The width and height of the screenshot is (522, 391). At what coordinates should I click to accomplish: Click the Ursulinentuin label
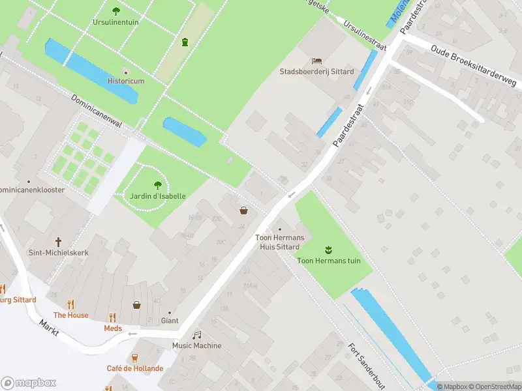click(115, 22)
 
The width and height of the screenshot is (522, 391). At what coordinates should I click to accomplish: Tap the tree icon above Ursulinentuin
click(116, 10)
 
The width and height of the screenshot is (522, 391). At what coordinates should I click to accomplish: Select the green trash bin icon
click(185, 42)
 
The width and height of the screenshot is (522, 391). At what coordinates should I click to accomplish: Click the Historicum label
click(126, 81)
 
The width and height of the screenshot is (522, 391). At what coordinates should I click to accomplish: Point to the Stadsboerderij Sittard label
click(316, 72)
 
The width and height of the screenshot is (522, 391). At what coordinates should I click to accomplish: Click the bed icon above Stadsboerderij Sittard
click(317, 61)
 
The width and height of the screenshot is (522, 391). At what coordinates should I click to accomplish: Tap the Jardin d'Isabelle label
click(157, 196)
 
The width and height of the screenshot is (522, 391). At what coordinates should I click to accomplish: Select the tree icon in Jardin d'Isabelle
click(157, 184)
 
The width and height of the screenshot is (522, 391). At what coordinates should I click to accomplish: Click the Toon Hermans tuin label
click(329, 261)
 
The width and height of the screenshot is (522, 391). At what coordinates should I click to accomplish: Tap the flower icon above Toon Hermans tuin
click(328, 249)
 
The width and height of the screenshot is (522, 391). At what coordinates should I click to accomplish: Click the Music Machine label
click(196, 345)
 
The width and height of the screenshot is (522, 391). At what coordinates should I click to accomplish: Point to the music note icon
click(197, 334)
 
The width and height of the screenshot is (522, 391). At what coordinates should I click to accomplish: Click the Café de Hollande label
click(135, 368)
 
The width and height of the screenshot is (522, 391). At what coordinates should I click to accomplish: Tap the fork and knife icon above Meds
click(113, 317)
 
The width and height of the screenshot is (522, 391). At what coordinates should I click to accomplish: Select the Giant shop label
click(170, 321)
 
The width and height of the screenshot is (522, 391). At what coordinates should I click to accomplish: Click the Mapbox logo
click(29, 383)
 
